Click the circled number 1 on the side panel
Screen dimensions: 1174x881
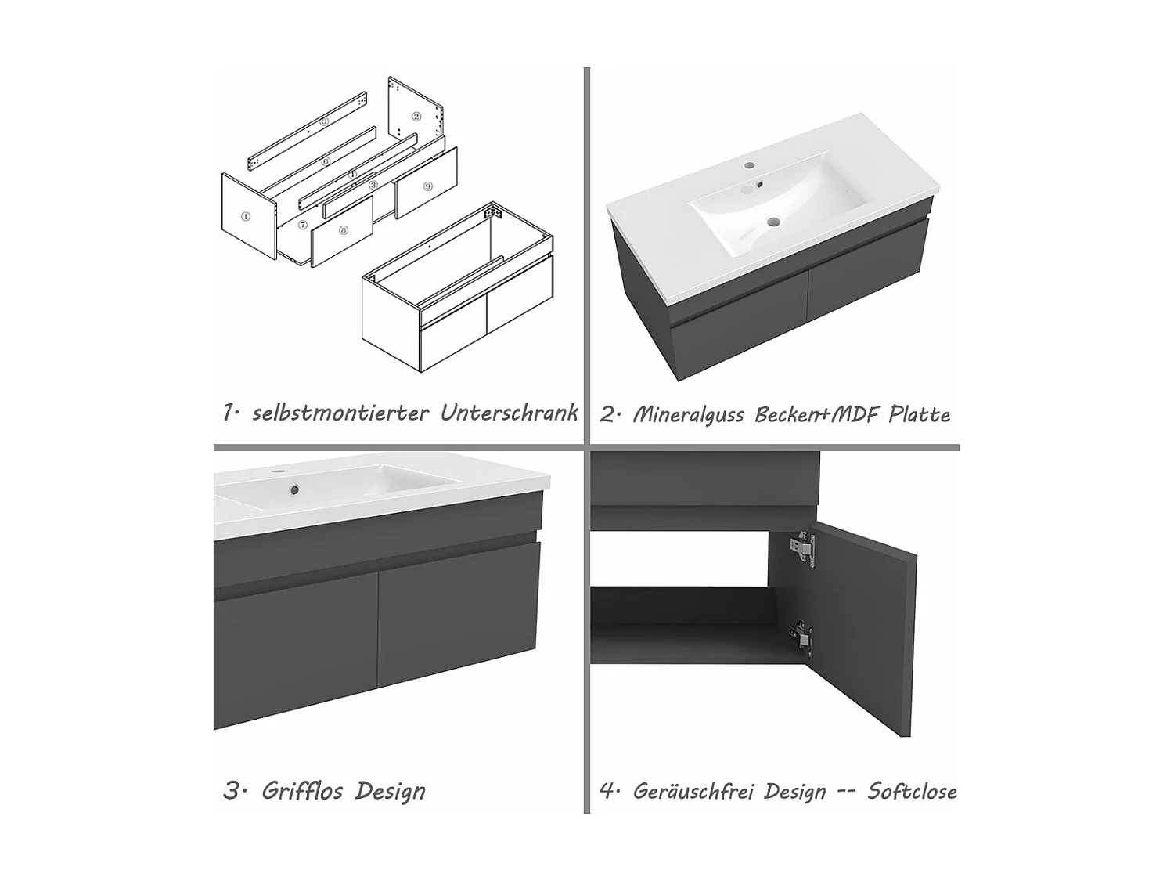pos(246,217)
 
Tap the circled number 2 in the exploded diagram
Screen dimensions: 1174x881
pos(416,117)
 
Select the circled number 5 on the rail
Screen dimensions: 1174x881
pos(324,121)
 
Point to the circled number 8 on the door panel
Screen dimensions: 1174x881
pos(344,230)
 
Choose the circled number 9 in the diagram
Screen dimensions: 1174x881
pos(427,186)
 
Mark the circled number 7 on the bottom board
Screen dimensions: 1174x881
pos(303,225)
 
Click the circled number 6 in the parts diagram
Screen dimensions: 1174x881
pos(326,161)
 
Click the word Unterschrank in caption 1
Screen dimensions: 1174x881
pos(510,413)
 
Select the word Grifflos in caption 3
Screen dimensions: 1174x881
pos(302,791)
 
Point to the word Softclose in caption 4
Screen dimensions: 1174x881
pos(912,791)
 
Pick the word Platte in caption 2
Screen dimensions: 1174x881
pos(920,414)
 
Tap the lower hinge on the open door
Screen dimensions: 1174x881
pos(800,636)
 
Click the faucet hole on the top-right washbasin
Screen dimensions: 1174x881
pos(748,165)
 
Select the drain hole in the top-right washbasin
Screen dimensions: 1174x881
pos(772,221)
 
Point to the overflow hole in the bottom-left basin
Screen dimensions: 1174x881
pos(293,489)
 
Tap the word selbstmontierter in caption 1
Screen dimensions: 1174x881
pos(340,413)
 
